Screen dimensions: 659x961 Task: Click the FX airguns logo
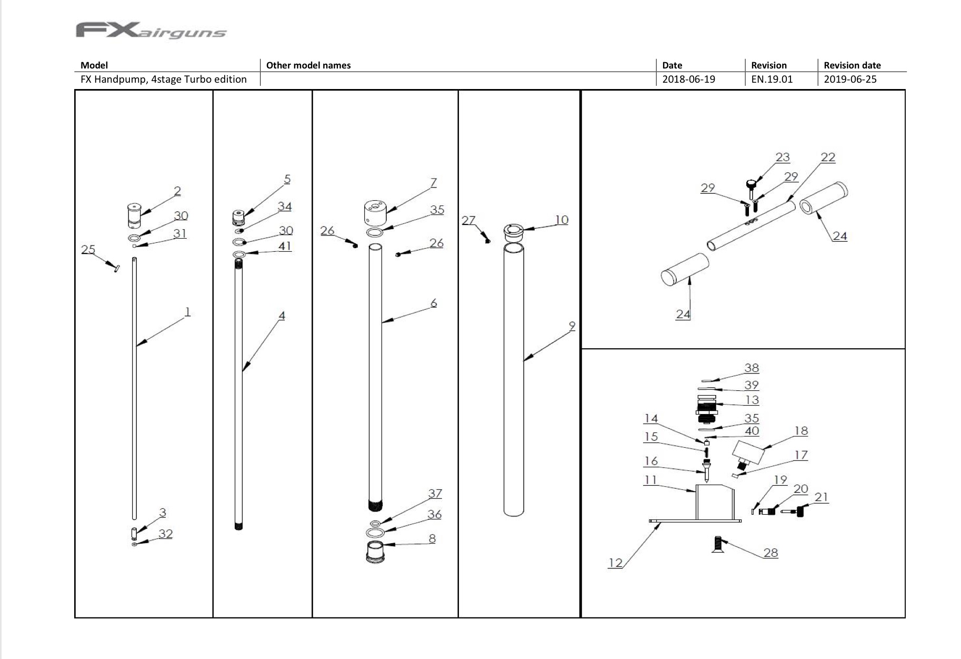pyautogui.click(x=151, y=31)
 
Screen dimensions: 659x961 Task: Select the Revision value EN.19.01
pyautogui.click(x=771, y=80)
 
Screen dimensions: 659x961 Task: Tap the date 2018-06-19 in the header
pyautogui.click(x=688, y=80)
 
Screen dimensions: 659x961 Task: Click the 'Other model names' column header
pyautogui.click(x=308, y=65)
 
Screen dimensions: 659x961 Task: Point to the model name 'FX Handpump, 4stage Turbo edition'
pyautogui.click(x=163, y=80)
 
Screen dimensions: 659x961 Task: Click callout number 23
pyautogui.click(x=783, y=157)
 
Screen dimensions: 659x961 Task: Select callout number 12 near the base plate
pyautogui.click(x=615, y=563)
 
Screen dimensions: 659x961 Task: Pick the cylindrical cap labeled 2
pyautogui.click(x=135, y=215)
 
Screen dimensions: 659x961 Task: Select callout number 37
pyautogui.click(x=435, y=494)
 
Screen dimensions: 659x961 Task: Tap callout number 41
pyautogui.click(x=285, y=246)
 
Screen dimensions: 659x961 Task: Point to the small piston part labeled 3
pyautogui.click(x=134, y=533)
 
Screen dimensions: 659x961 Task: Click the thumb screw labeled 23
pyautogui.click(x=751, y=187)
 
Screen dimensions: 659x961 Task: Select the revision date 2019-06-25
pyautogui.click(x=850, y=80)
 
